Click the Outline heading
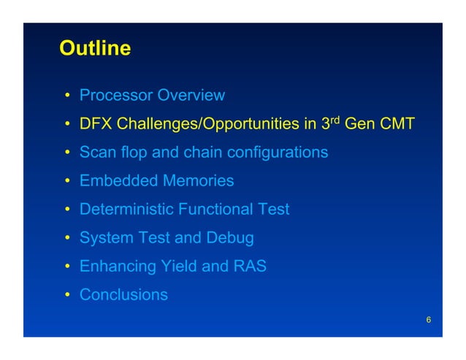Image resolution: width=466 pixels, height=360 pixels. (x=95, y=49)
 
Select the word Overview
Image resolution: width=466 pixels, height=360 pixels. (x=191, y=96)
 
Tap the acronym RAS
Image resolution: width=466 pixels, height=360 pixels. (x=250, y=267)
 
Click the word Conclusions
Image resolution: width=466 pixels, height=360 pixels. (x=123, y=295)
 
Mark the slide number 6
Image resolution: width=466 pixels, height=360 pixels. (x=428, y=321)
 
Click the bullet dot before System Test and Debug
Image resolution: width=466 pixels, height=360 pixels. (x=66, y=239)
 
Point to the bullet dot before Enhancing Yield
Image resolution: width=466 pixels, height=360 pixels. (x=66, y=267)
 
